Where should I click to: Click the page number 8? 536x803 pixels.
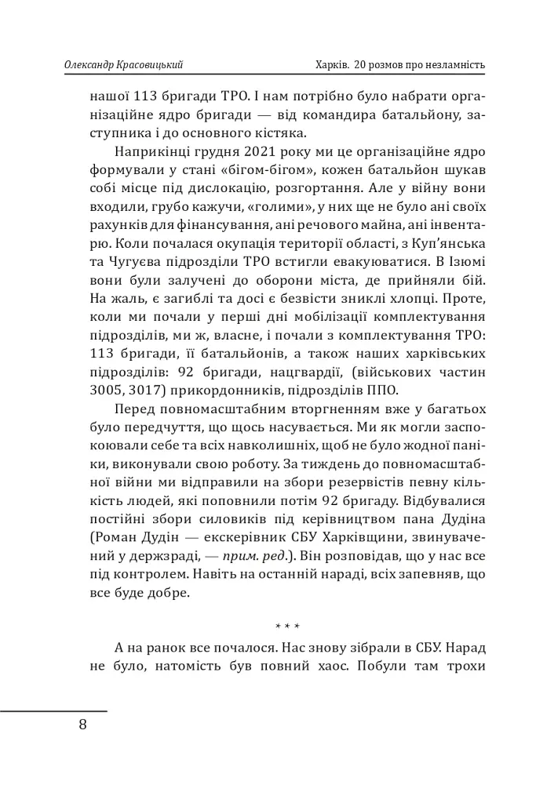pos(83,724)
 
